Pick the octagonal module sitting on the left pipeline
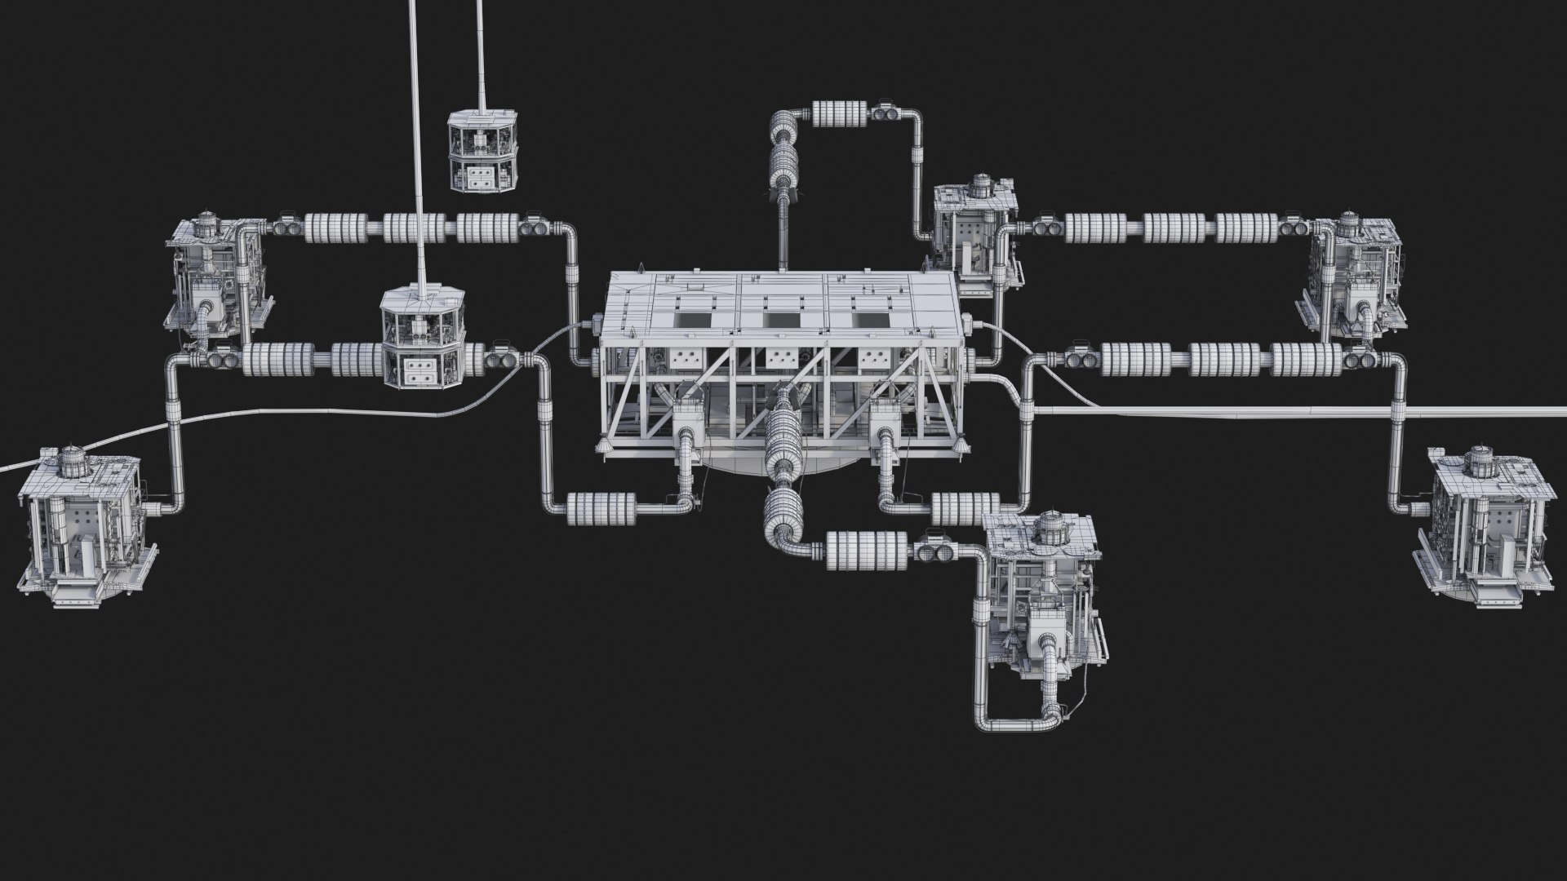tap(423, 339)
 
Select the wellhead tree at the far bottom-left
tap(82, 530)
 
